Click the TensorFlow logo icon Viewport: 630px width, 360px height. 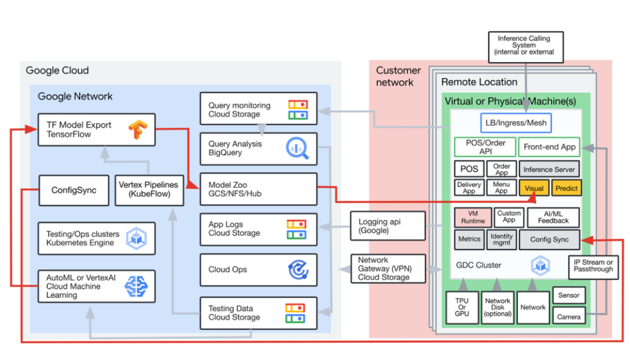point(138,129)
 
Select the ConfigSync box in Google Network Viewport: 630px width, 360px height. point(74,190)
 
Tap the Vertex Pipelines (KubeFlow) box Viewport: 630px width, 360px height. point(148,190)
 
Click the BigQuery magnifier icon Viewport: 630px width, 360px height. point(298,148)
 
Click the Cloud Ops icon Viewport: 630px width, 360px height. point(298,270)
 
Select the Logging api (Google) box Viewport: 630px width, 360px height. point(388,226)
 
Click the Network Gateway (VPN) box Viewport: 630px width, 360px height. point(388,269)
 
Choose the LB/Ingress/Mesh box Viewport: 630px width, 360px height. point(516,123)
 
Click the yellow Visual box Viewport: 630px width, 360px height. point(533,188)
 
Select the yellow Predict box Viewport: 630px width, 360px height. point(566,188)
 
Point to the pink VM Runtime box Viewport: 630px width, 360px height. point(472,217)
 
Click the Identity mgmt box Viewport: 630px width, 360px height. point(501,240)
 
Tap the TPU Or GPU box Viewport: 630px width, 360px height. point(461,306)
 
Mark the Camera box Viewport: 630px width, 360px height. point(568,317)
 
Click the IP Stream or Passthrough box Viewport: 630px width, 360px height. point(592,266)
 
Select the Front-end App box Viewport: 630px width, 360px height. point(549,147)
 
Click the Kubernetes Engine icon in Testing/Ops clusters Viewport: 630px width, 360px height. point(136,238)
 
